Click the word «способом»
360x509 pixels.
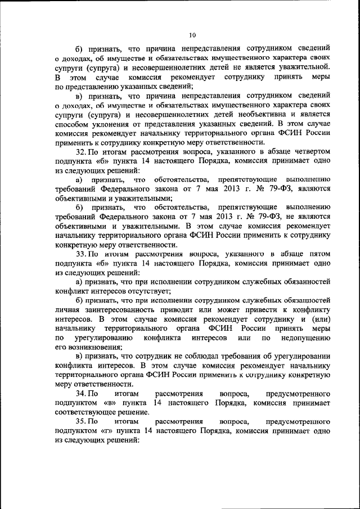[71, 123]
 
